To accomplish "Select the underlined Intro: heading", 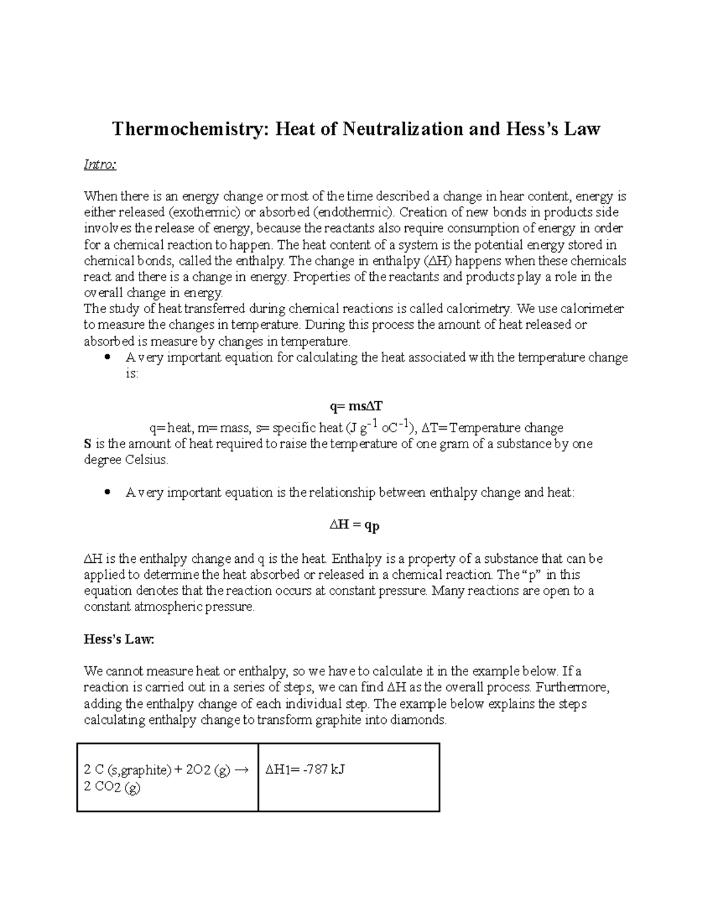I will tap(100, 165).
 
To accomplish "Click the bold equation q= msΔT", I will tap(356, 407).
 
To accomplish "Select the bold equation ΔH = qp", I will tap(355, 525).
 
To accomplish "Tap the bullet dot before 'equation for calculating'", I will tap(107, 358).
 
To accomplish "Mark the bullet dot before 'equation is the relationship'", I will tap(107, 493).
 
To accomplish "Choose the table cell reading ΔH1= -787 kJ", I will tap(305, 770).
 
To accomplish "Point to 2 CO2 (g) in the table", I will tap(112, 787).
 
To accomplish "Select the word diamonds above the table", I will tap(423, 720).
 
